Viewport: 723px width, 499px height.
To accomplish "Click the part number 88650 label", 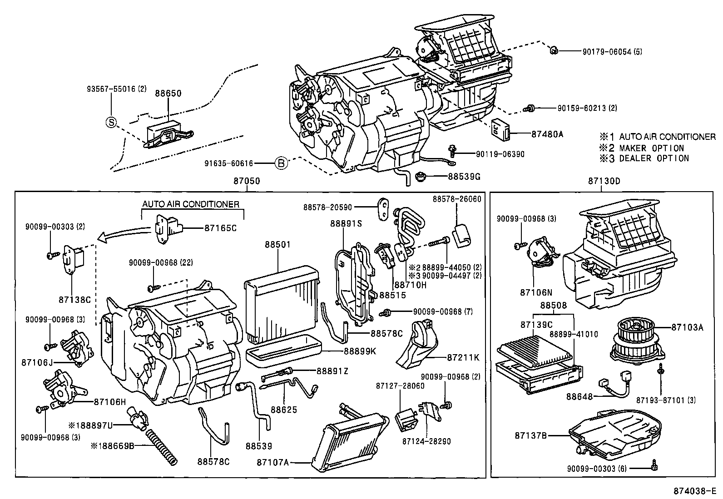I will tap(168, 94).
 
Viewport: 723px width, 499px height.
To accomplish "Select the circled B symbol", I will tap(282, 163).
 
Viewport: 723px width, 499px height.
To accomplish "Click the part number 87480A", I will tap(547, 134).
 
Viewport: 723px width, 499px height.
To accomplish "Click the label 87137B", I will tap(530, 435).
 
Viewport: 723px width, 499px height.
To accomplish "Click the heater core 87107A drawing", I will tap(350, 440).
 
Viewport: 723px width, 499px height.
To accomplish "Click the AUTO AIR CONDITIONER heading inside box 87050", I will tap(191, 204).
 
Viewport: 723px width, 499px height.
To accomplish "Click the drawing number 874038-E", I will tap(694, 491).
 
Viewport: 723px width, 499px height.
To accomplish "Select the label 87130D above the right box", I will tap(604, 181).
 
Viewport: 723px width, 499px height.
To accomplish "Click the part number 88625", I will tap(284, 410).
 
